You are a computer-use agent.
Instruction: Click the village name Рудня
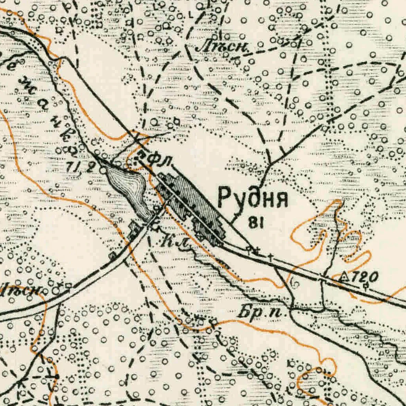pos(253,197)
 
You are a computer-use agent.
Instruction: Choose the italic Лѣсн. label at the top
pos(222,48)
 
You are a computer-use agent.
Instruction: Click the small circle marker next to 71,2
pos(103,170)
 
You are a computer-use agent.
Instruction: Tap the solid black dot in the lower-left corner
pos(57,376)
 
